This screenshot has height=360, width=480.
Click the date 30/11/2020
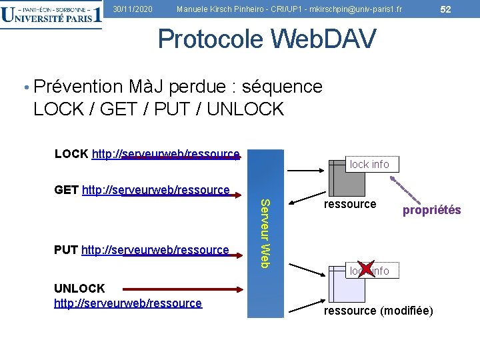[x=133, y=9]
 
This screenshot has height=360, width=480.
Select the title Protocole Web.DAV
[x=267, y=39]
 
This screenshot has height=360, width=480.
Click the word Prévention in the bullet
[x=78, y=87]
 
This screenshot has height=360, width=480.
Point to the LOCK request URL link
[x=165, y=154]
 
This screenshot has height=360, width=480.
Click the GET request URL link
[x=155, y=190]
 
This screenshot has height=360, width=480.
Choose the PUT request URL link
[x=155, y=250]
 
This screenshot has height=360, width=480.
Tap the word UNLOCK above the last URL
[x=79, y=288]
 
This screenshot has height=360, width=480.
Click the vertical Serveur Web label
[x=265, y=233]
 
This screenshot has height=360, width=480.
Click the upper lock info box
[x=369, y=164]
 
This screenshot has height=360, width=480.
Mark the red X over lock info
[x=366, y=268]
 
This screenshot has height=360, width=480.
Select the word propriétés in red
[x=431, y=210]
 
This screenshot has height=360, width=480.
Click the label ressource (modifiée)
[x=378, y=311]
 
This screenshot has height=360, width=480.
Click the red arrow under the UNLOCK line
[x=200, y=289]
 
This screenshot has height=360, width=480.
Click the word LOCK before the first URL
[x=71, y=154]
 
